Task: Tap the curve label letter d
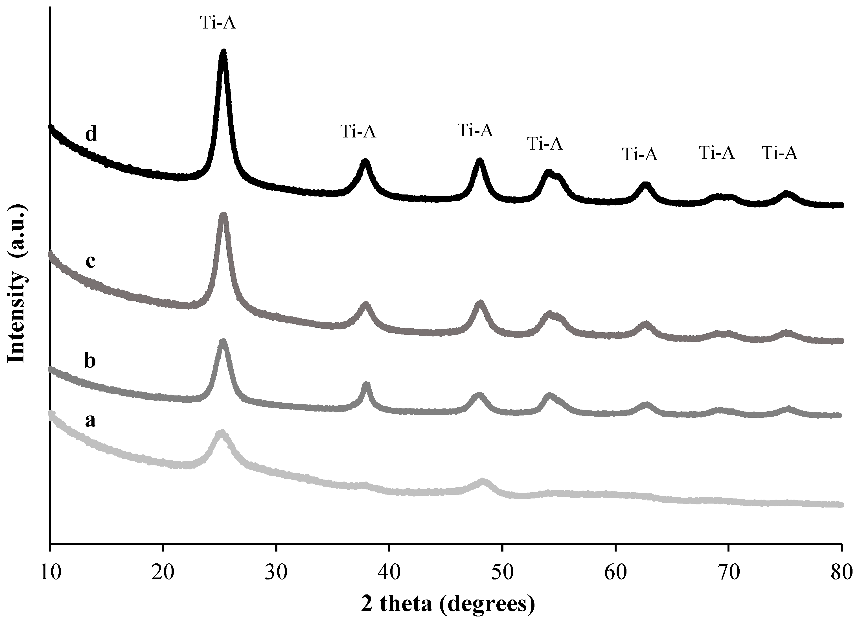pos(91,134)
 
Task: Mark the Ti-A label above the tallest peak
pos(218,23)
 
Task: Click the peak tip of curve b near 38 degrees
pos(366,385)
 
